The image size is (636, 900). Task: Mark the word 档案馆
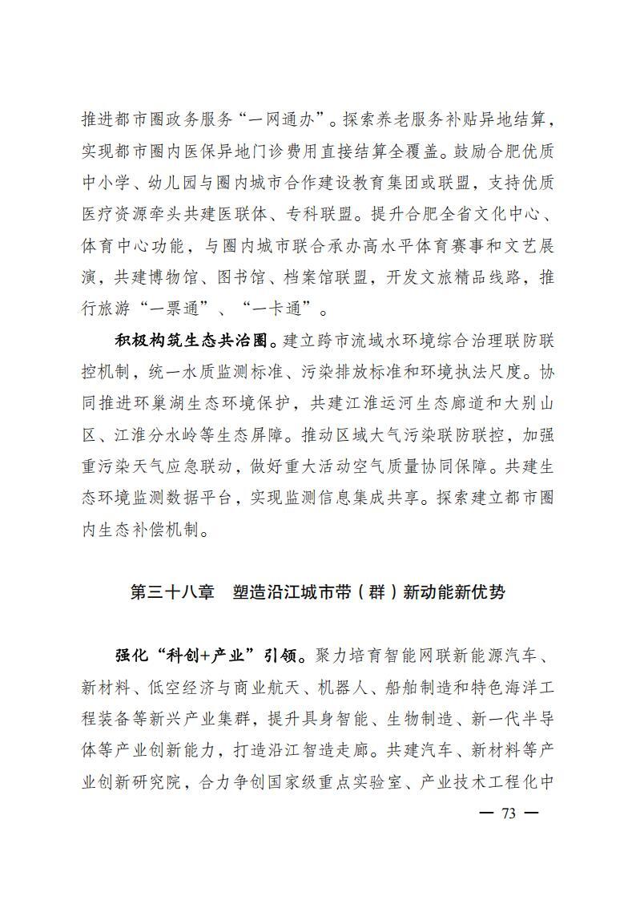click(319, 277)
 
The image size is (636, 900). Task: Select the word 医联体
click(280, 215)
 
